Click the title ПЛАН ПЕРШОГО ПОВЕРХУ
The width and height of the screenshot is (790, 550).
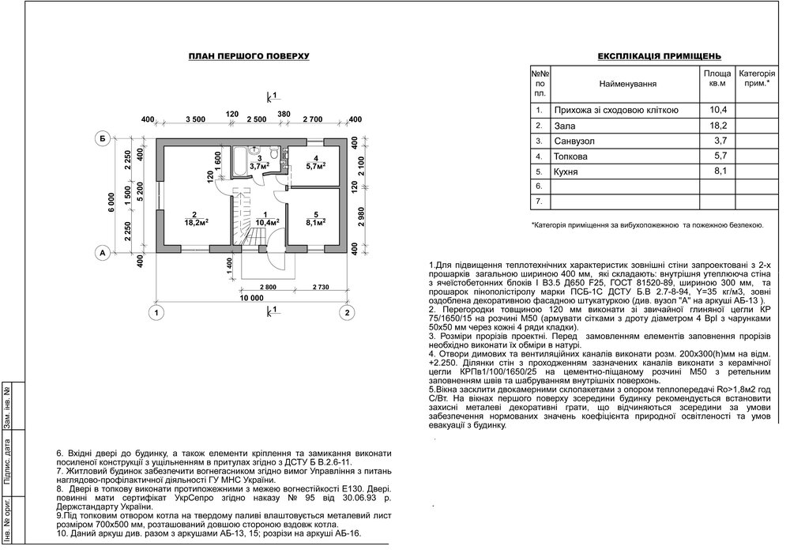(x=249, y=57)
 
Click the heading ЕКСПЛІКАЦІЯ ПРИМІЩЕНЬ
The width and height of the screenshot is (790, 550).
(x=658, y=57)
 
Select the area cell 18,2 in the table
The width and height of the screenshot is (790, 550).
(x=717, y=126)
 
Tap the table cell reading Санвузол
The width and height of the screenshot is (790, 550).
(x=577, y=141)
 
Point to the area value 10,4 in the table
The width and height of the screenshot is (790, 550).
(x=717, y=110)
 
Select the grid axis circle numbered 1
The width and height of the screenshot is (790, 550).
(x=158, y=314)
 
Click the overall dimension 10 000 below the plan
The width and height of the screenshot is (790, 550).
(x=252, y=298)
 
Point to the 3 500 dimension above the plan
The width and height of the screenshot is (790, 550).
(x=196, y=119)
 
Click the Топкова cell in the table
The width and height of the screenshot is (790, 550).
(x=574, y=156)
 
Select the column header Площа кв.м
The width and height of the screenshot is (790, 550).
(x=717, y=77)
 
